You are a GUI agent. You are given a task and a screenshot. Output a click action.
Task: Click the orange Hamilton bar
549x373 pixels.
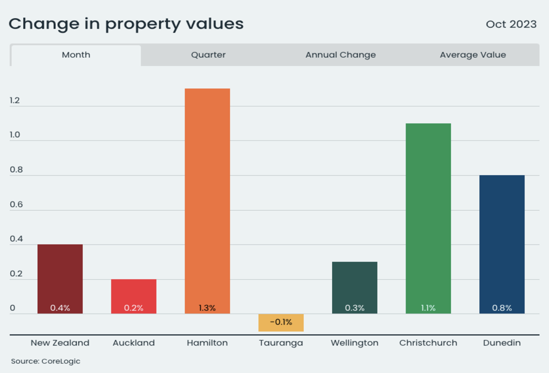207,201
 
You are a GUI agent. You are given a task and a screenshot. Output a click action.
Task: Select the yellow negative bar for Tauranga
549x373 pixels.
281,323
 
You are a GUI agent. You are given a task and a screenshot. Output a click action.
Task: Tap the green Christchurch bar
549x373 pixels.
428,218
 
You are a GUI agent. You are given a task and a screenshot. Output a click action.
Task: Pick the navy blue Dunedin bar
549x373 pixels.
502,244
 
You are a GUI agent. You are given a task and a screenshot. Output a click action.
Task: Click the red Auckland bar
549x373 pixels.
134,296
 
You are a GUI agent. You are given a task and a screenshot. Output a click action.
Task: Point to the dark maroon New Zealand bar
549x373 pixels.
60,279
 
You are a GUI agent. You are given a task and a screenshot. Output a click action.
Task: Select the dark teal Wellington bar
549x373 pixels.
355,288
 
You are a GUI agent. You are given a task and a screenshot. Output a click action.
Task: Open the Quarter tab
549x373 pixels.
208,54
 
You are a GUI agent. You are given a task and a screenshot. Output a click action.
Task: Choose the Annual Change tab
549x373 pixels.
341,54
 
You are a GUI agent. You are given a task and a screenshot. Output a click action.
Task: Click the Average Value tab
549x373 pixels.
473,54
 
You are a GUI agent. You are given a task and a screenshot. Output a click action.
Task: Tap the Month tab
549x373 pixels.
76,55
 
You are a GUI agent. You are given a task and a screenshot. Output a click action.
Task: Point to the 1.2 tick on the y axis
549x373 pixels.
15,101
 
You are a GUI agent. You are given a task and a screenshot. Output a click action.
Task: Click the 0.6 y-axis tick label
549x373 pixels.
16,205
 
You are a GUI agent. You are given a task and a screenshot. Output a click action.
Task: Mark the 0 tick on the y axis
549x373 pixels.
13,308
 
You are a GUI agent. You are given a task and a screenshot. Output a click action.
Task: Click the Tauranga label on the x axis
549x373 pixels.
281,343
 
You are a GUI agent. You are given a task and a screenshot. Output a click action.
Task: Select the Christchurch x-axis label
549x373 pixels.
428,342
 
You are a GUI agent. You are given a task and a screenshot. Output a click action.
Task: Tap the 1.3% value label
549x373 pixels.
207,308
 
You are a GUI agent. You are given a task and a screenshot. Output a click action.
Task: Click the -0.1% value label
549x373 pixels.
281,322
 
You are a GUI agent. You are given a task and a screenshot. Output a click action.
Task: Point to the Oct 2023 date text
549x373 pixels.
511,24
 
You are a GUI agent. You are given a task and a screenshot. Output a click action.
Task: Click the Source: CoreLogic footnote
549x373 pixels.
46,361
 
